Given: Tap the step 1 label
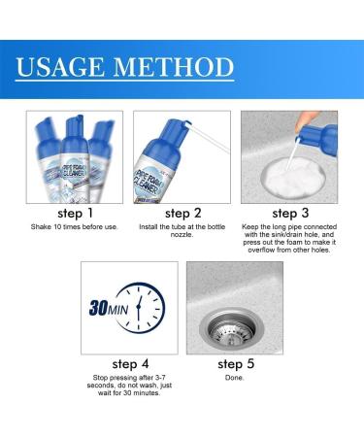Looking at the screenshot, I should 77,213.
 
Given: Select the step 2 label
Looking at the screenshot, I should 182,213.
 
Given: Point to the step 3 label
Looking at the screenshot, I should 288,213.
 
